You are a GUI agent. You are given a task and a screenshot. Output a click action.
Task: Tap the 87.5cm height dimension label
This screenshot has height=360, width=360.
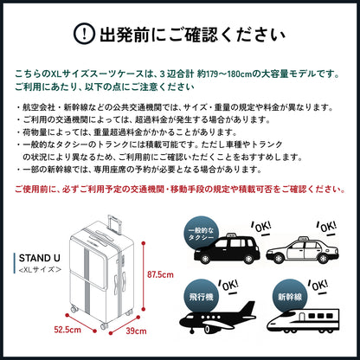click(159, 276)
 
